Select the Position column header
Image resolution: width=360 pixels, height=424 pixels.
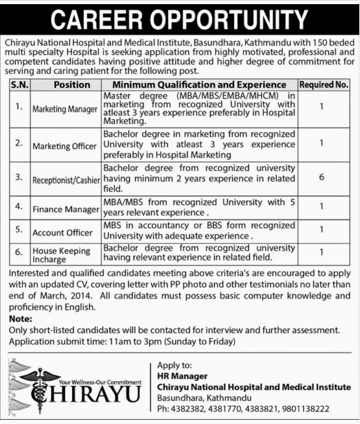click(x=64, y=85)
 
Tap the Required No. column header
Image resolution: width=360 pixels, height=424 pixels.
click(x=324, y=85)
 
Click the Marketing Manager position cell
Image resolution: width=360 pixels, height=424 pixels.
click(x=64, y=108)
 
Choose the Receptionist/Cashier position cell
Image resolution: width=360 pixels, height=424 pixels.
click(x=64, y=179)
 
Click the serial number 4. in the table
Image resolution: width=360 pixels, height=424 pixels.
click(x=19, y=206)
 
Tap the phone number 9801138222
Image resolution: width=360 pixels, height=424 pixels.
click(x=304, y=409)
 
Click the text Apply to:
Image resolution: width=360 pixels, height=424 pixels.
click(x=173, y=365)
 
